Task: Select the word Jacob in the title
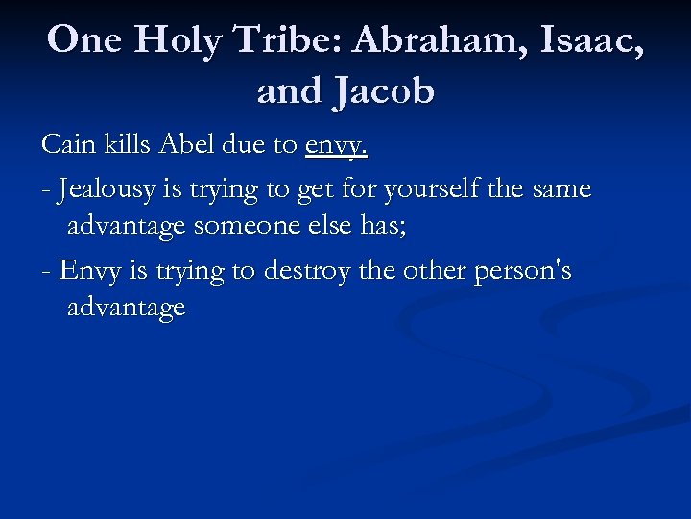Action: click(382, 92)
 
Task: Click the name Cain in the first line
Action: click(70, 146)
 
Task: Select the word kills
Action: click(128, 146)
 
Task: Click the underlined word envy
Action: click(336, 146)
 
